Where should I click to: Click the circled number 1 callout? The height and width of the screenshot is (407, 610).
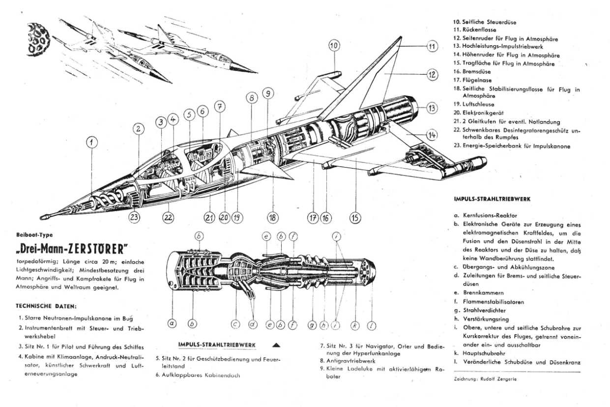tap(92, 143)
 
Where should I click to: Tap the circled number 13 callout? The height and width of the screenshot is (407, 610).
tap(431, 109)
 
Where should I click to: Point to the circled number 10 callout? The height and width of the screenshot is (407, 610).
tap(334, 46)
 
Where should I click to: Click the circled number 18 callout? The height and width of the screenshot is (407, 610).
tap(272, 217)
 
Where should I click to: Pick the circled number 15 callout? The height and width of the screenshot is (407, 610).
tap(355, 217)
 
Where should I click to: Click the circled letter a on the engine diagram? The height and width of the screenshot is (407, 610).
tap(172, 323)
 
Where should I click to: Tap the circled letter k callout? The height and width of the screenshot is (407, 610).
tap(355, 325)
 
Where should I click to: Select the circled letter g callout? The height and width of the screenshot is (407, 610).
tap(312, 325)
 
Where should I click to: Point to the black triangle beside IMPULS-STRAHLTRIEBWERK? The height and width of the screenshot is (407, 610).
tap(275, 345)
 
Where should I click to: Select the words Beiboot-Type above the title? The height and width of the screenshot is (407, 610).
tap(34, 235)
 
